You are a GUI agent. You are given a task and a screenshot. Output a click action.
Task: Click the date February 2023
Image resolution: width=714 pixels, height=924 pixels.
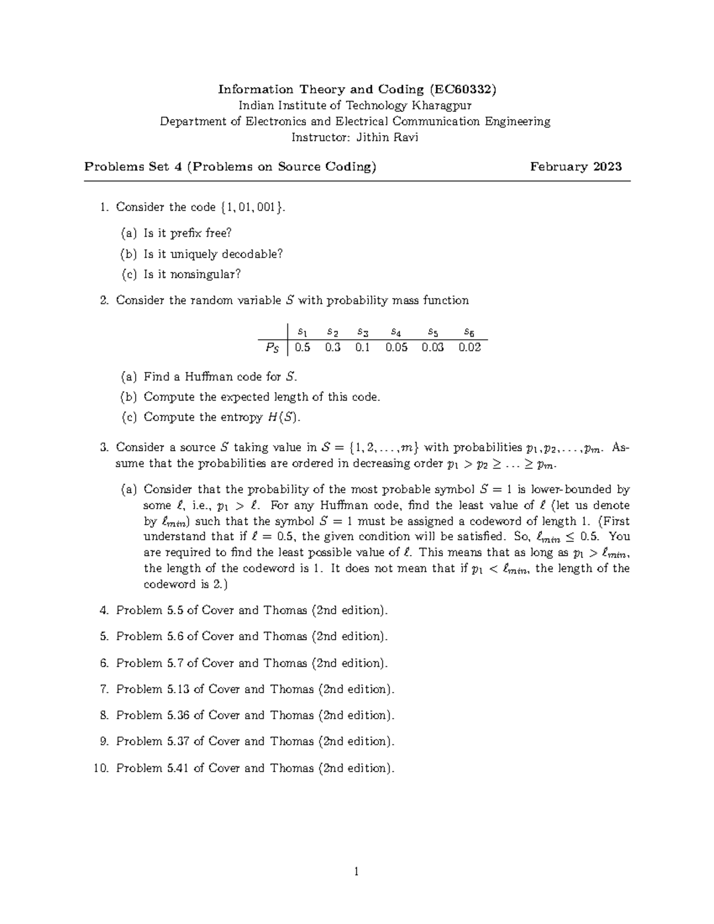tap(576, 167)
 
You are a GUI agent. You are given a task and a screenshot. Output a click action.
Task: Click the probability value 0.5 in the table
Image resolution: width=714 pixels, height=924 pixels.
tap(302, 347)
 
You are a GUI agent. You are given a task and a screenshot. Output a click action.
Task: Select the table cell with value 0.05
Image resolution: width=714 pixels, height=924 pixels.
tap(396, 347)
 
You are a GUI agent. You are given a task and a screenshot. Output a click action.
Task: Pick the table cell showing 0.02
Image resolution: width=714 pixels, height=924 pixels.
tap(469, 347)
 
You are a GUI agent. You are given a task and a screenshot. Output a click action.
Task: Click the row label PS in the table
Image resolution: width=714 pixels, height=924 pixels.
tap(271, 348)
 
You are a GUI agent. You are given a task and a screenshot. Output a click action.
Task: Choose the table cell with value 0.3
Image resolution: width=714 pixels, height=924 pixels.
tap(333, 347)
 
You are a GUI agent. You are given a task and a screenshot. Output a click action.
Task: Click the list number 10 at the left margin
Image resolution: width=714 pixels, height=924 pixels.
tap(101, 768)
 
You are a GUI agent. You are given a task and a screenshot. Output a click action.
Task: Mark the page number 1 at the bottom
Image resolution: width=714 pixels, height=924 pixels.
tap(356, 872)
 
